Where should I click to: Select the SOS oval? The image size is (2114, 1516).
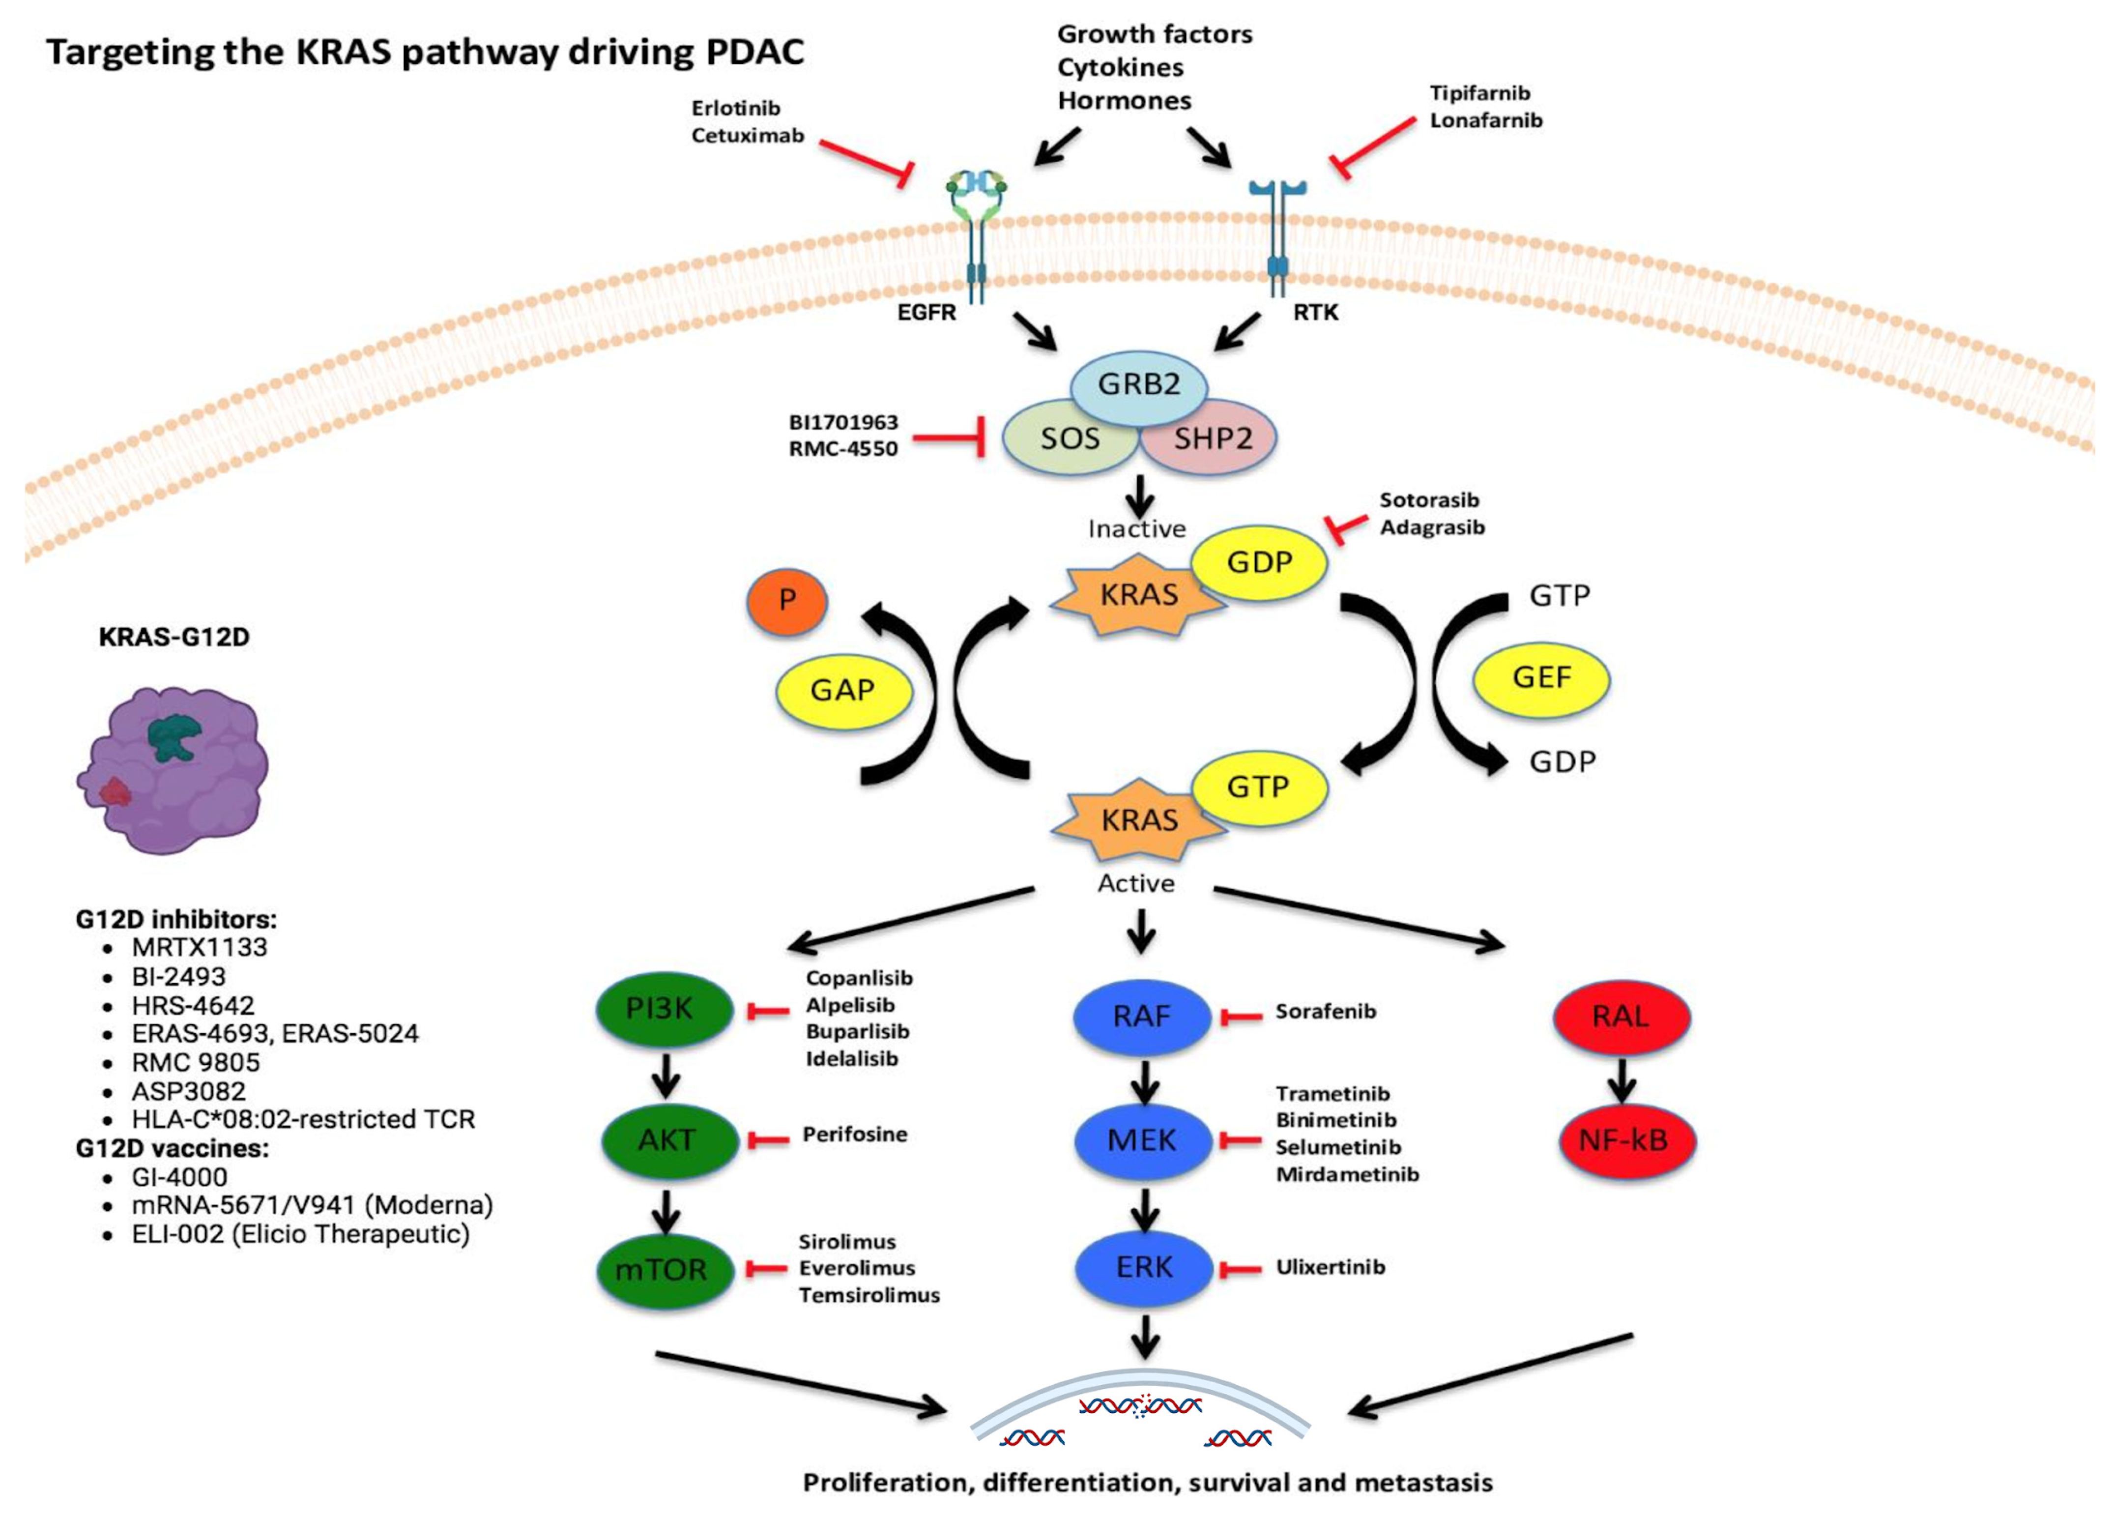tap(1070, 438)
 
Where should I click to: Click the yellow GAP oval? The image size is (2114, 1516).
tap(842, 691)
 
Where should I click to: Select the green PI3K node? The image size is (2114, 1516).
tap(664, 1010)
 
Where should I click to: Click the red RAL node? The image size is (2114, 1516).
tap(1622, 1016)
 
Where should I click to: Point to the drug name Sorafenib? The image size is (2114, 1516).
tap(1326, 1012)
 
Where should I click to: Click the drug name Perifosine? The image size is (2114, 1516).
tap(855, 1135)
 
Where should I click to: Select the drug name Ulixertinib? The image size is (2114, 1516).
tap(1330, 1267)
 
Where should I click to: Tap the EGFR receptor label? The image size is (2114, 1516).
tap(927, 312)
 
